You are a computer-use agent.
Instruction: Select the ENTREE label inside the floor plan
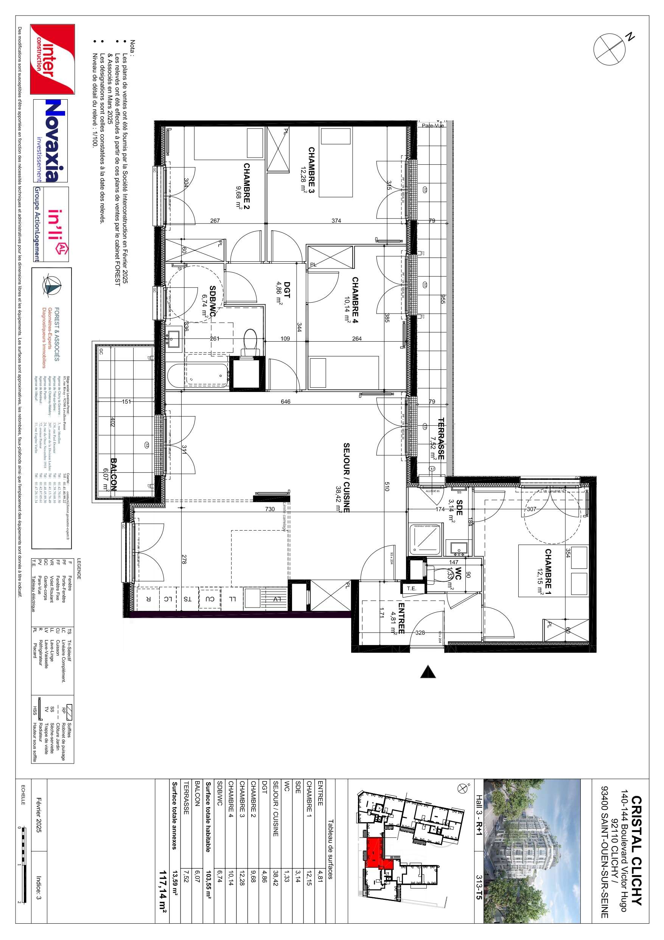coord(401,618)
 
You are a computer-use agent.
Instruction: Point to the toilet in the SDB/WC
coord(250,342)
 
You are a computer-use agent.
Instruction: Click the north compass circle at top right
coord(609,49)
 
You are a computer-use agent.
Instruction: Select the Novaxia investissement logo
coord(50,141)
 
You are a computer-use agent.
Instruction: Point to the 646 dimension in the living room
coord(286,401)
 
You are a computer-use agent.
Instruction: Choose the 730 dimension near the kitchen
coord(270,509)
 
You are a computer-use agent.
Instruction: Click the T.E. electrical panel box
coord(411,588)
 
